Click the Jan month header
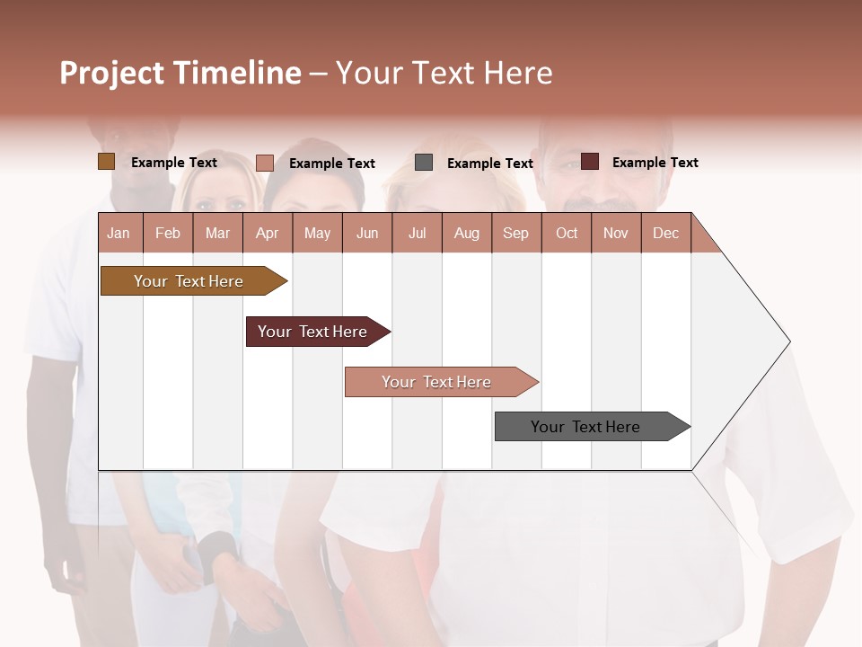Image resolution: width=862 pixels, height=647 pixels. pos(119,233)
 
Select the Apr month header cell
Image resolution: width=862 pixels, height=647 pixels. pos(268,233)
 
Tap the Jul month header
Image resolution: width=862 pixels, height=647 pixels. pos(418,233)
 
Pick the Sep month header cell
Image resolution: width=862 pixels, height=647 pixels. pos(516,233)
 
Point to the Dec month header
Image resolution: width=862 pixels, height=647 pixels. pos(665,233)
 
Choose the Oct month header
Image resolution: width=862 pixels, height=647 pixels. pos(567,233)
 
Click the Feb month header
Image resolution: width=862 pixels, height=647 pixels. pos(168,233)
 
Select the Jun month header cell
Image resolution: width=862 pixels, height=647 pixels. pos(367,233)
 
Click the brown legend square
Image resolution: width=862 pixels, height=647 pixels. pos(106,162)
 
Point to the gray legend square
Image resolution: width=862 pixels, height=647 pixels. pos(424,163)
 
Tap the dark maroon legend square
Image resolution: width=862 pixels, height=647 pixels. pos(590,162)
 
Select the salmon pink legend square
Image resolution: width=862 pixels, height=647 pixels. pos(265,163)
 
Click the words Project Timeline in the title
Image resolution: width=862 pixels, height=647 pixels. pos(180,73)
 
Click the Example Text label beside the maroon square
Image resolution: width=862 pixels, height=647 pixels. pos(655,163)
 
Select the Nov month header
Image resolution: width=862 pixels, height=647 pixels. pos(616,233)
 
